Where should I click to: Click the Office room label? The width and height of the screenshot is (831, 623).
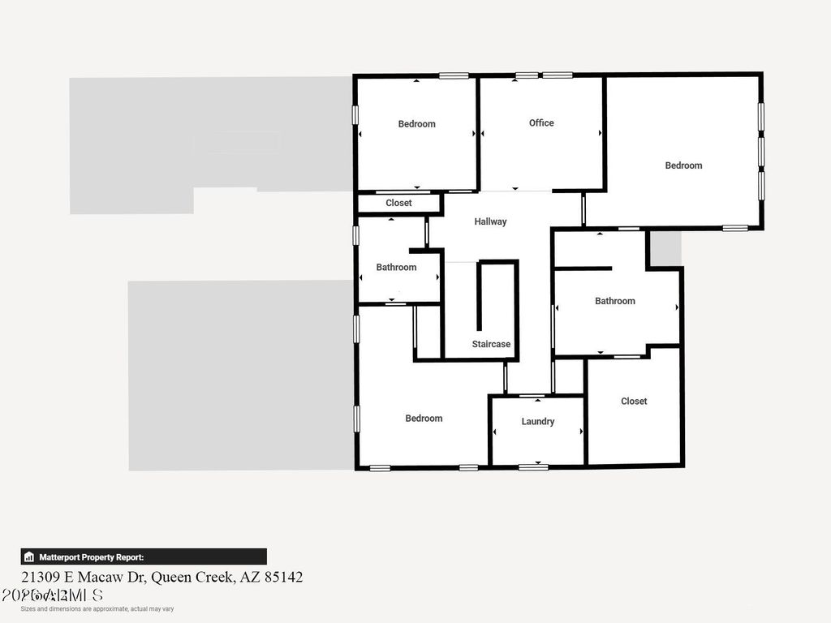tap(541, 123)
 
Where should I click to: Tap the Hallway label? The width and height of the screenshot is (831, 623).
tap(490, 221)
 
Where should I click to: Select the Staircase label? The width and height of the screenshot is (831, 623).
tap(491, 344)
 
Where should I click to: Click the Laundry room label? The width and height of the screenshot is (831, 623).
tap(538, 422)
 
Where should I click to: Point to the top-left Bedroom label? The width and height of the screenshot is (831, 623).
tap(416, 124)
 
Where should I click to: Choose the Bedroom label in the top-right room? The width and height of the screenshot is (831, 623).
tap(683, 165)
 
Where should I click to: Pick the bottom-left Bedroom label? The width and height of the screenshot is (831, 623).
tap(424, 419)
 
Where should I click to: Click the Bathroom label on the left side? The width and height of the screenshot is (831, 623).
tap(396, 268)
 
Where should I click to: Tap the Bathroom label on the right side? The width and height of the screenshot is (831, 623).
tap(615, 301)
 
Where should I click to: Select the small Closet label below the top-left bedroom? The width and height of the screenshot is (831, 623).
tap(398, 204)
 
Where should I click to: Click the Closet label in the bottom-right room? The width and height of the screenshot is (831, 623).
tap(634, 402)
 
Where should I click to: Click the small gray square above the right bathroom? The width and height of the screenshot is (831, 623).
tap(665, 248)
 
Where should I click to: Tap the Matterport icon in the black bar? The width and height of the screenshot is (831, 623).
tap(29, 557)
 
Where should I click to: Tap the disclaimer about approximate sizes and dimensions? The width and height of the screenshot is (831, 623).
tap(97, 609)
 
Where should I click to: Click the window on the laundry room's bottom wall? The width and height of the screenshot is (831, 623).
tap(532, 466)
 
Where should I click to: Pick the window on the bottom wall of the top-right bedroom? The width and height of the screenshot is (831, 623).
tap(734, 228)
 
